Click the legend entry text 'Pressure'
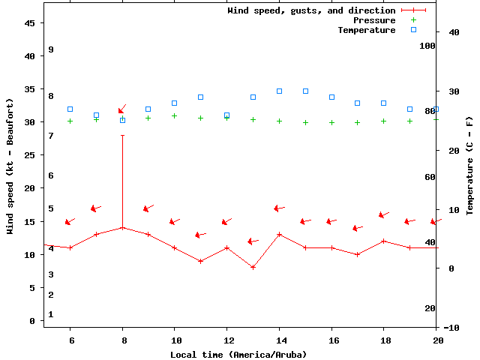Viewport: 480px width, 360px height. click(x=374, y=20)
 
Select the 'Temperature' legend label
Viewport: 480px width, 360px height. click(x=366, y=30)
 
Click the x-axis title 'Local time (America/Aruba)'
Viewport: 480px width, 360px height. click(x=238, y=354)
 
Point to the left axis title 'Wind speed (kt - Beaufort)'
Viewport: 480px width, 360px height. click(x=10, y=166)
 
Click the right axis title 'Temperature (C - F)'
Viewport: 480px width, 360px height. click(x=469, y=165)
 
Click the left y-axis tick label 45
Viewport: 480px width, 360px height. click(x=31, y=23)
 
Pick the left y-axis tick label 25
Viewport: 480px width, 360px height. click(x=31, y=155)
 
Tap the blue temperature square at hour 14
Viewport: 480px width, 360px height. click(x=279, y=91)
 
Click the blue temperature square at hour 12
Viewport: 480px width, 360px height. click(x=226, y=115)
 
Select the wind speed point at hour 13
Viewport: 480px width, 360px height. click(x=253, y=267)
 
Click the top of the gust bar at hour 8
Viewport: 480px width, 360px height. click(x=122, y=135)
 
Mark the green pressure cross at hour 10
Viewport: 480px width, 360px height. click(x=174, y=115)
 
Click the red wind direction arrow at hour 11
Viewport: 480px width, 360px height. click(x=200, y=235)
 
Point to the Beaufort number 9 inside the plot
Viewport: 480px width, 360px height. click(x=51, y=49)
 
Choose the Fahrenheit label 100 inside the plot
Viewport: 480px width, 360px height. click(x=427, y=46)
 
